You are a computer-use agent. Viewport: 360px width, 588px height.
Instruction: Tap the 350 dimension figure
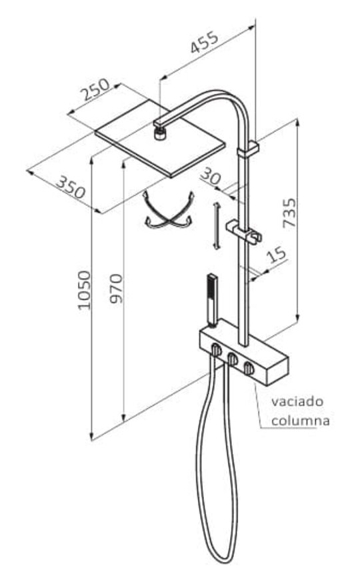tap(71, 187)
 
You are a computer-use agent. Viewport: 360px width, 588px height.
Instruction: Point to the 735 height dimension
tap(289, 213)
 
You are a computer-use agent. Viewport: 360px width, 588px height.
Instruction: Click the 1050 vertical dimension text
tap(84, 289)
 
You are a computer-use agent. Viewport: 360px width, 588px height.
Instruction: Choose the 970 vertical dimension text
tap(116, 288)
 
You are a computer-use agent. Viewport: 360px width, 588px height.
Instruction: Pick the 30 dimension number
tap(211, 176)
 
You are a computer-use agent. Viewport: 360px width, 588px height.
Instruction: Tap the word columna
tap(301, 421)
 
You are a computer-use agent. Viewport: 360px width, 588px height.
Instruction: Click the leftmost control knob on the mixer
tap(215, 349)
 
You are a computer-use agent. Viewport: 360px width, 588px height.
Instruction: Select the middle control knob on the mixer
tap(232, 359)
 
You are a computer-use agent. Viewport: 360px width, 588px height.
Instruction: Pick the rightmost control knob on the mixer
tap(249, 369)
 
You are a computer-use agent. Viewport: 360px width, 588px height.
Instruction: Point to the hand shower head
tap(212, 300)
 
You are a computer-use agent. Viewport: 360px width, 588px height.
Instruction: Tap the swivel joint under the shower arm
tap(160, 133)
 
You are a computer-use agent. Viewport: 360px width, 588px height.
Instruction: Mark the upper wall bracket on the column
tap(248, 149)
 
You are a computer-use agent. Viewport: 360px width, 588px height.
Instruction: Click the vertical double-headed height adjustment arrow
tap(216, 225)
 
